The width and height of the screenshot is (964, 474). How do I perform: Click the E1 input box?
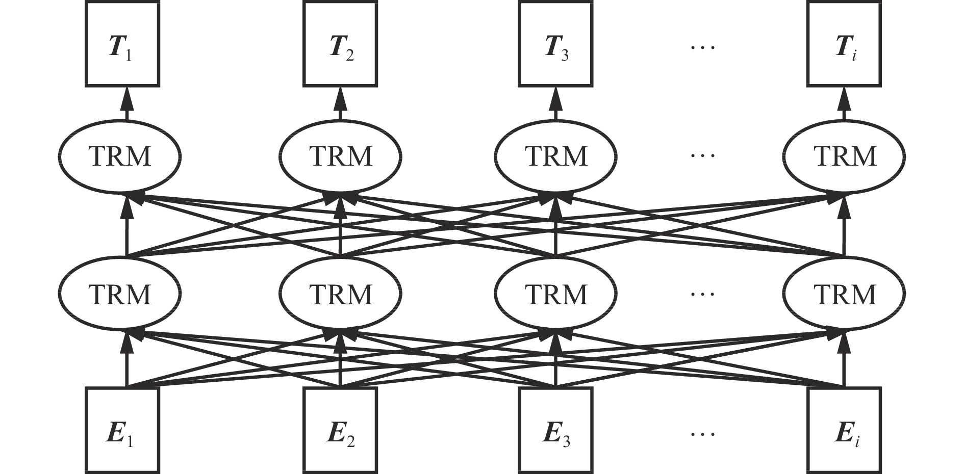pyautogui.click(x=122, y=431)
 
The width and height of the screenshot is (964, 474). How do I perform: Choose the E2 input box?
pyautogui.click(x=340, y=431)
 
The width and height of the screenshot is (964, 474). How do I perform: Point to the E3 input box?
pyautogui.click(x=556, y=431)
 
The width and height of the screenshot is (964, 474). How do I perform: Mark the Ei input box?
pyautogui.click(x=844, y=431)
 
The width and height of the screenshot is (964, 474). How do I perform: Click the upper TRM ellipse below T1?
pyautogui.click(x=120, y=155)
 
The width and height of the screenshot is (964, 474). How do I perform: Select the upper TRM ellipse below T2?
pyautogui.click(x=340, y=155)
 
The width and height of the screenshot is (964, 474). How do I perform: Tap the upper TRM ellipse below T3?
pyautogui.click(x=556, y=155)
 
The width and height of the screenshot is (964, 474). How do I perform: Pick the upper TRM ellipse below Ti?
pyautogui.click(x=844, y=155)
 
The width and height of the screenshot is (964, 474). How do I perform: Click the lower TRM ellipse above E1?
pyautogui.click(x=120, y=294)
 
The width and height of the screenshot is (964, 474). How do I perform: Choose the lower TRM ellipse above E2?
pyautogui.click(x=340, y=294)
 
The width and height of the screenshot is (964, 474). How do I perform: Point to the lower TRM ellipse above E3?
pyautogui.click(x=556, y=294)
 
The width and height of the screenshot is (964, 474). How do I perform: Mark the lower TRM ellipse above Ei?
pyautogui.click(x=844, y=294)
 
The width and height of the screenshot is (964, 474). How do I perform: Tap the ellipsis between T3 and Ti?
pyautogui.click(x=702, y=47)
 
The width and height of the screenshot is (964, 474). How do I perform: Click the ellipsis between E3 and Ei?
pyautogui.click(x=702, y=434)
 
